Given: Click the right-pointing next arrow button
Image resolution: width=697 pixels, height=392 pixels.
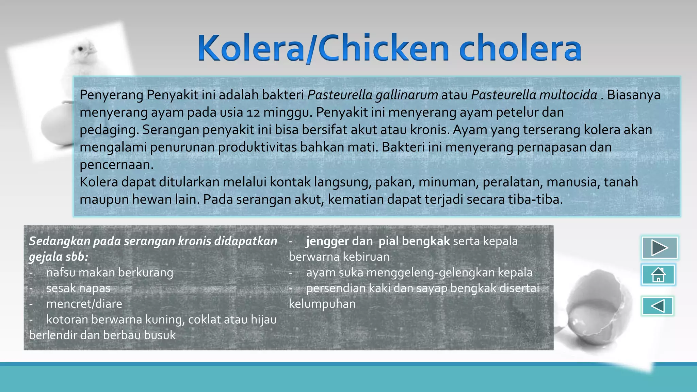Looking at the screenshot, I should pyautogui.click(x=659, y=248).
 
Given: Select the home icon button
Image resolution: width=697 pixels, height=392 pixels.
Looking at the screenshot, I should pyautogui.click(x=658, y=275).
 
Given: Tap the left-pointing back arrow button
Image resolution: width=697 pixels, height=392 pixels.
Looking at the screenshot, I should pyautogui.click(x=658, y=306).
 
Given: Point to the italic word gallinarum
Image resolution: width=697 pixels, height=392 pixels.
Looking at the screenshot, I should pyautogui.click(x=407, y=95).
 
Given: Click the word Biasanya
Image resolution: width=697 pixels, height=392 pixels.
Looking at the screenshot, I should pyautogui.click(x=634, y=95).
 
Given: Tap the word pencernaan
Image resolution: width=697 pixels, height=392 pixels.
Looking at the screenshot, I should pyautogui.click(x=117, y=165).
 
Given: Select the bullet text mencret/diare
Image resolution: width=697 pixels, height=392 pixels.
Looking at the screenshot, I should pyautogui.click(x=84, y=304).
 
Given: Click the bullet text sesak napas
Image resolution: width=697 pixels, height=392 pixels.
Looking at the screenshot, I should pyautogui.click(x=78, y=288).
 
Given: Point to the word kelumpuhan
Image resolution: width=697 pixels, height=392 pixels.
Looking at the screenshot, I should pyautogui.click(x=322, y=304).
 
